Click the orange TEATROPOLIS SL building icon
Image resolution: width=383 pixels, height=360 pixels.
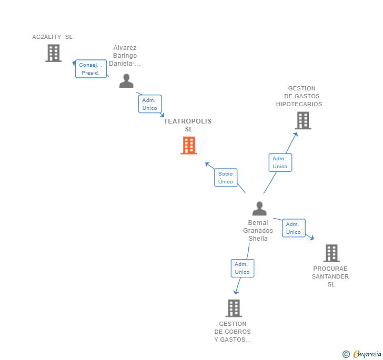tap(189, 146)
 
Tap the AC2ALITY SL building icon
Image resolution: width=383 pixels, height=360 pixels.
tap(53, 53)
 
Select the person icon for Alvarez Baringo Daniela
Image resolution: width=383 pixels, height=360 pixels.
tap(126, 81)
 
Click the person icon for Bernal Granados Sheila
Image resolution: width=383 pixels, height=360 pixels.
tap(259, 209)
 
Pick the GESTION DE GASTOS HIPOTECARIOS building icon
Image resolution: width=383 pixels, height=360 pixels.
tap(303, 120)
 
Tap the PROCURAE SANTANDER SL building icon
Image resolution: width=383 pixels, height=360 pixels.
tap(331, 253)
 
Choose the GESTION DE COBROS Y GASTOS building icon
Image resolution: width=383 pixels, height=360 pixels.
tap(234, 308)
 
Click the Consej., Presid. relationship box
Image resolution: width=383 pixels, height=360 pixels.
tap(91, 69)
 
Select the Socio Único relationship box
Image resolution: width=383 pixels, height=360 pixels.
tap(226, 178)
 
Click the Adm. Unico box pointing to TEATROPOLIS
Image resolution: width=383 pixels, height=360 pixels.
tap(150, 104)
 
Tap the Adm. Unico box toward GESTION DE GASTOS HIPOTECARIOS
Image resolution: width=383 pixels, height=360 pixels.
tap(280, 162)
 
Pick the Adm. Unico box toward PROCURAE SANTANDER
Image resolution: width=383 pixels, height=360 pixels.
tap(294, 228)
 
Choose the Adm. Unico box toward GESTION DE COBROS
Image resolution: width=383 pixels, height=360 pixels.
tap(242, 268)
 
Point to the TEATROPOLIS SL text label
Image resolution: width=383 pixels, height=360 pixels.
tap(188, 125)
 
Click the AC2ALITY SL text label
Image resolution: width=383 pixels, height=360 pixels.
tap(52, 37)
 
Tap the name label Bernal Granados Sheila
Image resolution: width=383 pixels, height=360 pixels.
tap(258, 231)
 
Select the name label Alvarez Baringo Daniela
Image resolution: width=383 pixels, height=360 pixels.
tap(125, 56)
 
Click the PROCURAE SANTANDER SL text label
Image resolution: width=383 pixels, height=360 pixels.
tap(330, 276)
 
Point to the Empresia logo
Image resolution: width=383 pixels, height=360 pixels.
tap(367, 354)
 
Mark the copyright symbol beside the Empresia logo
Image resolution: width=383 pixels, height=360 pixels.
tap(346, 355)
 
